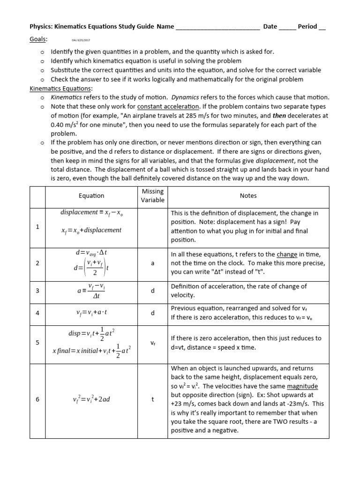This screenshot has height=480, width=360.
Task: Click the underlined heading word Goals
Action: (38, 40)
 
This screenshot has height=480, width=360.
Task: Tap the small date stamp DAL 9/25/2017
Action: (80, 41)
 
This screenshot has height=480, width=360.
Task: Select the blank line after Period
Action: (322, 27)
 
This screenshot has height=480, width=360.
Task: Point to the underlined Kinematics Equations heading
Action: (61, 88)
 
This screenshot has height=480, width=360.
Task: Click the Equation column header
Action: (91, 195)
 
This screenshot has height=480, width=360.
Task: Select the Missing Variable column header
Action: (152, 195)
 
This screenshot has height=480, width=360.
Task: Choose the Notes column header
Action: (248, 195)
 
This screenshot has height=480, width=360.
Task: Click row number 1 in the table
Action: (37, 226)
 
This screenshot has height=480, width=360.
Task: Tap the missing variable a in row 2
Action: (152, 263)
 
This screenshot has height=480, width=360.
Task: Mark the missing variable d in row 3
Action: (152, 291)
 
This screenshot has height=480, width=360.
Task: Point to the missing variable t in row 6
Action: (152, 399)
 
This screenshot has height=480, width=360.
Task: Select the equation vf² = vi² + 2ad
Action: (91, 399)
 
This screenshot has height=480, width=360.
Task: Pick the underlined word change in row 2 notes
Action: (287, 254)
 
